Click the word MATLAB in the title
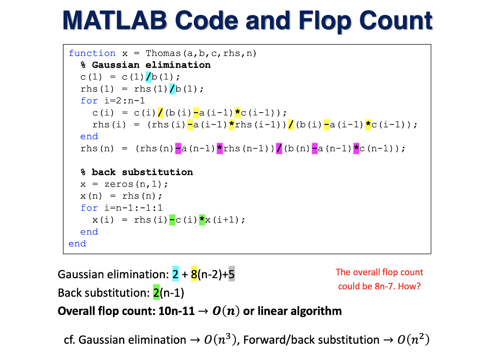tap(114, 21)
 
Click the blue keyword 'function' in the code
tap(92, 53)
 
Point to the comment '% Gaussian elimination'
tap(145, 65)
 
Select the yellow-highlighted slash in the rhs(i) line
tap(291, 124)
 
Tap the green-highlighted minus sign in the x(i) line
tap(172, 220)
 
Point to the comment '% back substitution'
tap(137, 172)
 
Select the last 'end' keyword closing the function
tap(77, 244)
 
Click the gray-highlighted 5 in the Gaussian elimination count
tap(232, 274)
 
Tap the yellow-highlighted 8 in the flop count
tap(194, 274)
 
